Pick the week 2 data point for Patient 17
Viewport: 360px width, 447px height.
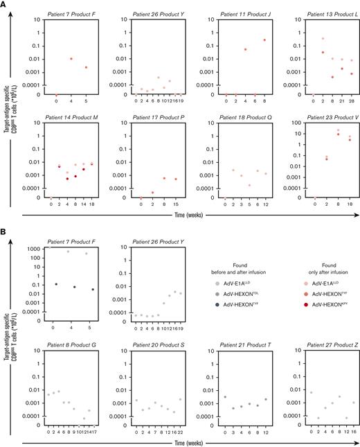coord(152,192)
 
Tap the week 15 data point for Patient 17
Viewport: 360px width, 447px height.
coord(175,179)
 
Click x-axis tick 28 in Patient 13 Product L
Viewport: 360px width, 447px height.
coord(352,100)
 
